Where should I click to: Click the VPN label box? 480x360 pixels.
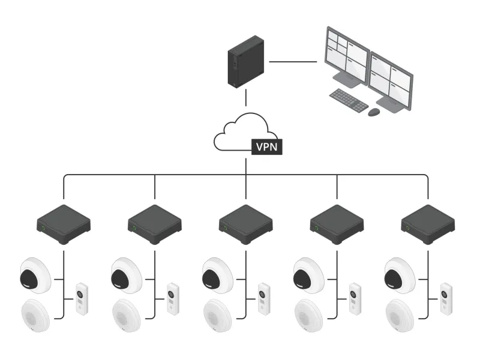(267, 146)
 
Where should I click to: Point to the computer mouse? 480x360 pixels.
(374, 112)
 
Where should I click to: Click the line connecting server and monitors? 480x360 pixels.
(293, 61)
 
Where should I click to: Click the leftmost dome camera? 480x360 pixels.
(36, 275)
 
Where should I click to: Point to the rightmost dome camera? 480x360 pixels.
(400, 275)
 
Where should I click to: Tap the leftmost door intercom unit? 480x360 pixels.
(82, 298)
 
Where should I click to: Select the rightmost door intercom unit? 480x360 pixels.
(446, 298)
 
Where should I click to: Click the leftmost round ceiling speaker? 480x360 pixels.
(37, 315)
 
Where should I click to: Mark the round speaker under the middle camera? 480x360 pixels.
(218, 315)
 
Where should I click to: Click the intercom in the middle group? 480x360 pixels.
(263, 298)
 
